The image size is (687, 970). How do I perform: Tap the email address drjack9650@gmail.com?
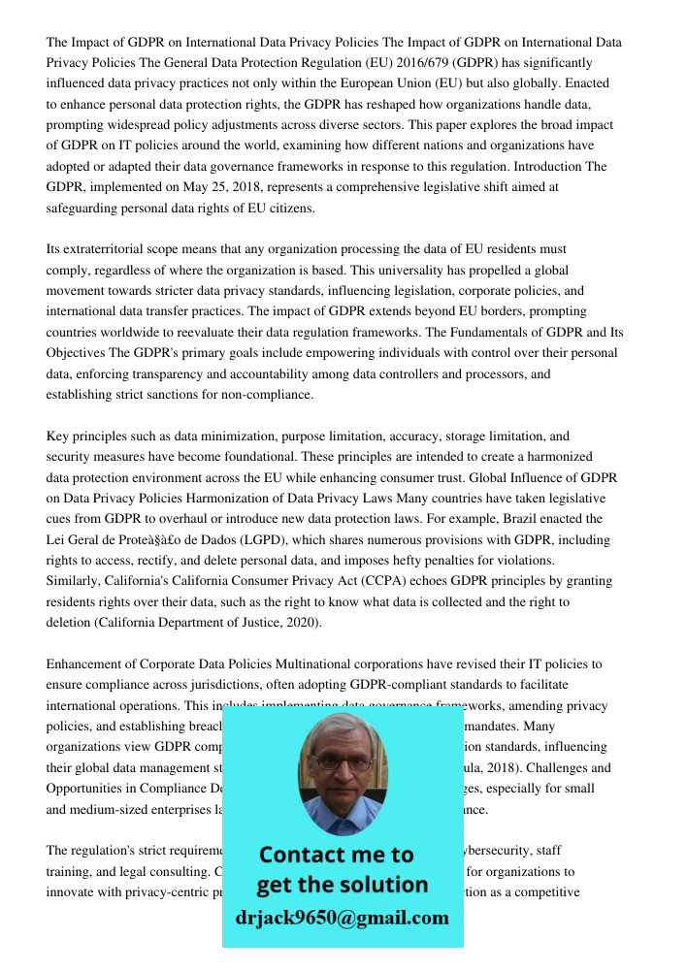point(343,918)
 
